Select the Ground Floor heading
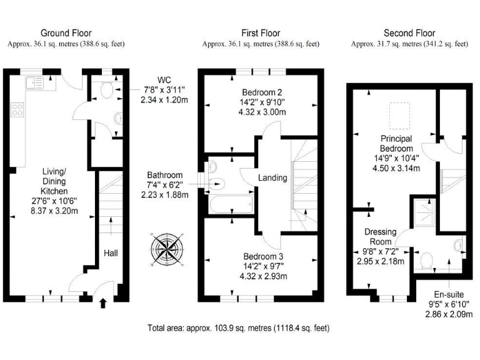tap(66, 33)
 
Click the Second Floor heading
tap(409, 33)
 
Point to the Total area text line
tap(238, 327)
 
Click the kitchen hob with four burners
tap(17, 111)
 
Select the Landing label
tap(273, 177)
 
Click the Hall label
tap(111, 253)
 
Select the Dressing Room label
tap(379, 237)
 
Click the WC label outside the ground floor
tap(164, 79)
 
